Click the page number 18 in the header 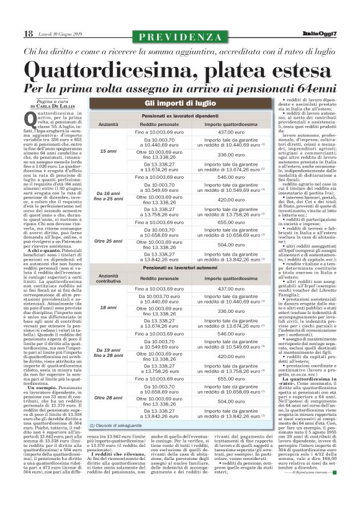pyautogui.click(x=28, y=34)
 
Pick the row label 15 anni pyautogui.click(x=108, y=151)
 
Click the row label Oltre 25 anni pyautogui.click(x=108, y=240)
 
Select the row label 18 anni pyautogui.click(x=108, y=307)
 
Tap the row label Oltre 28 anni pyautogui.click(x=108, y=397)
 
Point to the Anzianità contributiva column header pyautogui.click(x=108, y=278)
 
